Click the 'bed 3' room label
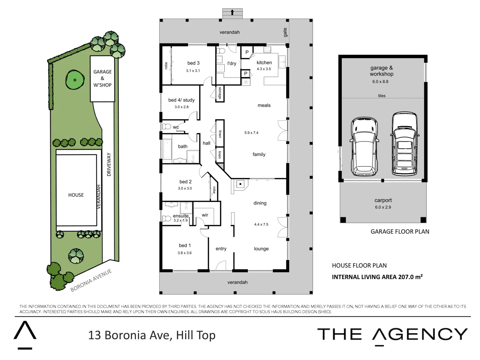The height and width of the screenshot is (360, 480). [193, 63]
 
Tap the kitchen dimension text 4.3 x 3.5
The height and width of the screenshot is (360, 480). [264, 69]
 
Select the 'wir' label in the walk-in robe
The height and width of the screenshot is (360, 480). [205, 215]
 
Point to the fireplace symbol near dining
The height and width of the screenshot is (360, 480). [240, 184]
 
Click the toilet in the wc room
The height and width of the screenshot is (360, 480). [166, 126]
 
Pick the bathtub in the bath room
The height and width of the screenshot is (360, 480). [167, 149]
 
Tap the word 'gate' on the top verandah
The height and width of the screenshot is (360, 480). [285, 32]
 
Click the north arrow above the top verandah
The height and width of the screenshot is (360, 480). [232, 13]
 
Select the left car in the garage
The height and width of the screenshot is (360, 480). [364, 147]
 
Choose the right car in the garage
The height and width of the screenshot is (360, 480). [404, 144]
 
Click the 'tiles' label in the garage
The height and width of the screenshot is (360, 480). [382, 96]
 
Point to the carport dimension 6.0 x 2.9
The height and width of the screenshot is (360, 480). [383, 207]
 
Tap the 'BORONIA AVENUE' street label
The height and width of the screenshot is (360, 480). [91, 280]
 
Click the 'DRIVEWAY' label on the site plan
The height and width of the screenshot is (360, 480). [109, 164]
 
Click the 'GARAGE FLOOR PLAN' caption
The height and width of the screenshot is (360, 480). [400, 232]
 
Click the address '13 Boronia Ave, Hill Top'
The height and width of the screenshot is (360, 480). [152, 335]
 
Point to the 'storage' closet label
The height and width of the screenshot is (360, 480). [220, 93]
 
